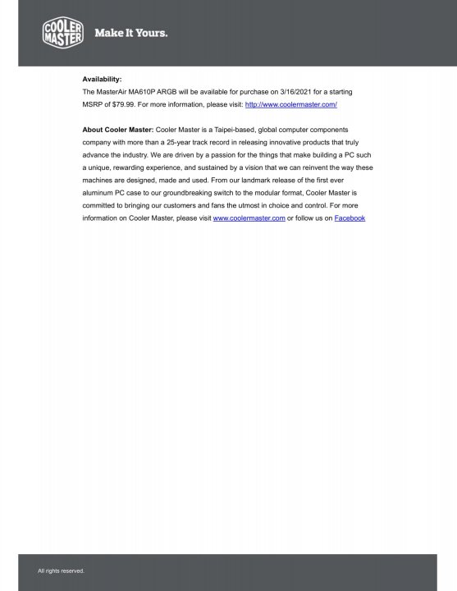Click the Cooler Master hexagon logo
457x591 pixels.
[62, 33]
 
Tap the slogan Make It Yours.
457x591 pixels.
[131, 34]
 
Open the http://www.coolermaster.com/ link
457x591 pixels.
[291, 106]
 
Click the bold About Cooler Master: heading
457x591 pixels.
[118, 130]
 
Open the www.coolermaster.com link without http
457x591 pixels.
[249, 218]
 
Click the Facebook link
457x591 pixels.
[350, 218]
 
